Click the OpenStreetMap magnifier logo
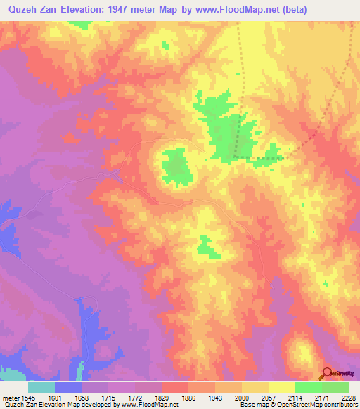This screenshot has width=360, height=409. click(327, 373)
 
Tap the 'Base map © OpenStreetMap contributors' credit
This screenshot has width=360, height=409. click(297, 405)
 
